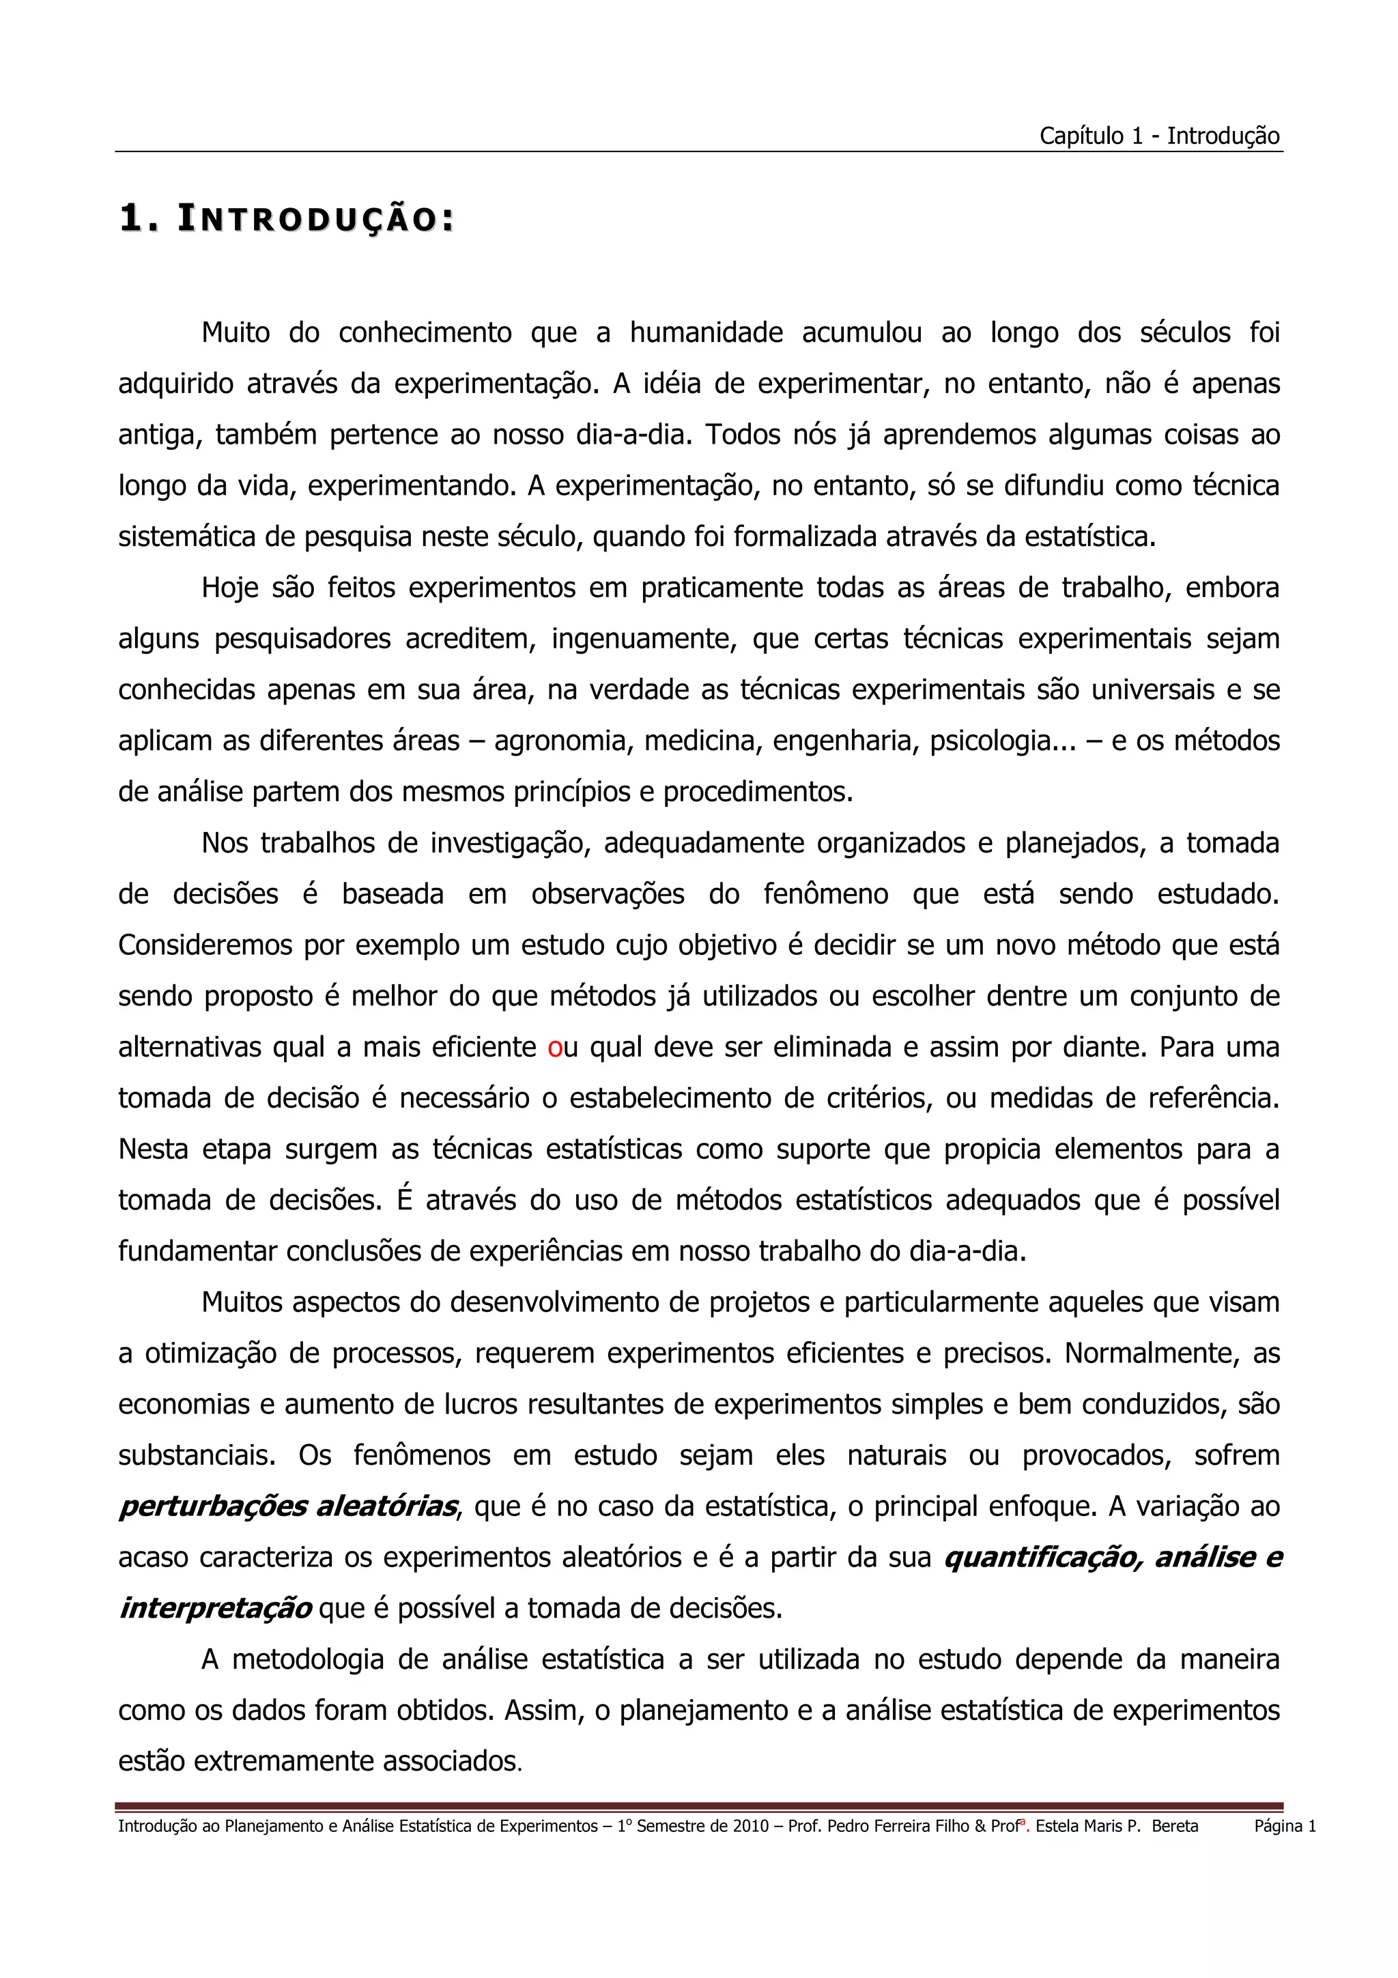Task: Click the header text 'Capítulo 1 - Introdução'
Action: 1158,136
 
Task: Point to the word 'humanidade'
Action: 707,332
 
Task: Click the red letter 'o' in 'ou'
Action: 555,1048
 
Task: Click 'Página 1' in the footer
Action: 1284,1826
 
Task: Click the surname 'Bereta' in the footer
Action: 1174,1826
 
